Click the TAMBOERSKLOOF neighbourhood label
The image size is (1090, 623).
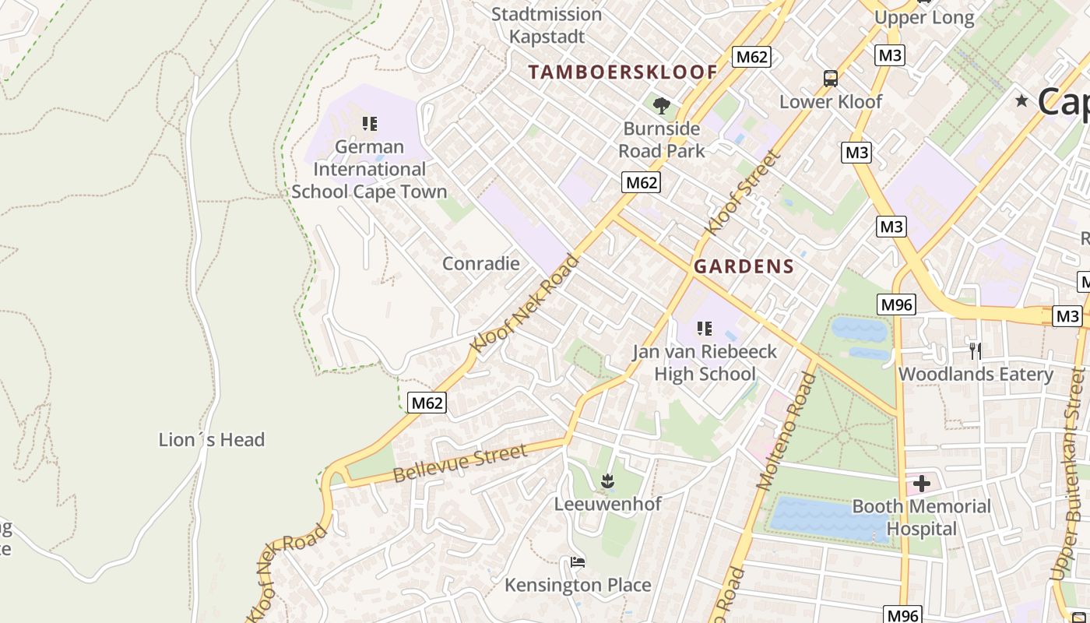point(623,72)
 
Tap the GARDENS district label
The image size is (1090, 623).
point(744,266)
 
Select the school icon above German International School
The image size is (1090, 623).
point(370,123)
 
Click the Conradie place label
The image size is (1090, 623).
point(480,263)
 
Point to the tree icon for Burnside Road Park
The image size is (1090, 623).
point(662,105)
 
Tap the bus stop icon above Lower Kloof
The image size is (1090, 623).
point(831,79)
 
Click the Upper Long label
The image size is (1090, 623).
point(923,18)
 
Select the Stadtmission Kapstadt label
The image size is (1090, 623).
point(547,25)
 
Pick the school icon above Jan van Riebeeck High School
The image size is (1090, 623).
point(705,329)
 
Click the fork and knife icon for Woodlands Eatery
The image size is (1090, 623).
point(974,350)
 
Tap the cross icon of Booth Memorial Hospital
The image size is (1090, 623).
point(922,484)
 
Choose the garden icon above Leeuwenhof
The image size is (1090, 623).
point(608,481)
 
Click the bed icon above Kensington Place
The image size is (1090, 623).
point(578,561)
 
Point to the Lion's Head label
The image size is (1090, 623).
point(212,440)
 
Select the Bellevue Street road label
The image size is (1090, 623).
point(460,463)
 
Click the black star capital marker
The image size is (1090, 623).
point(1021,101)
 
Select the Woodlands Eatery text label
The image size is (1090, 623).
point(976,375)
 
